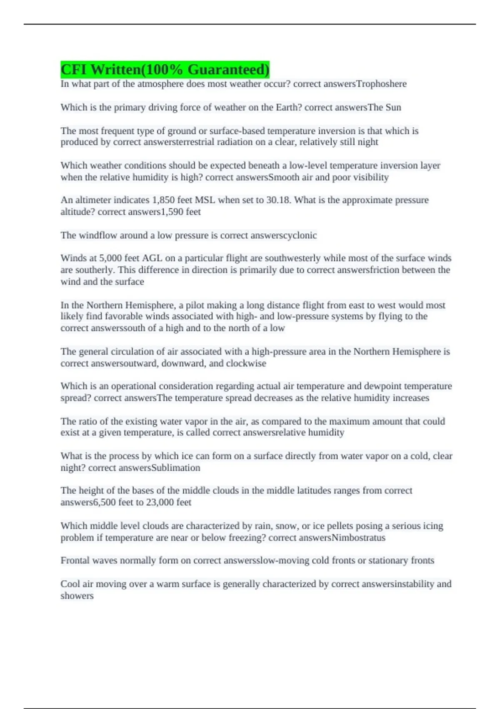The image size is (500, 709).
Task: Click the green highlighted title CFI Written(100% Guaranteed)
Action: click(165, 69)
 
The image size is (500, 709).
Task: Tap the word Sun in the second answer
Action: click(393, 107)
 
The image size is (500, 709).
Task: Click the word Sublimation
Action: click(175, 468)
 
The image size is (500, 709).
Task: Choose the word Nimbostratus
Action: click(358, 538)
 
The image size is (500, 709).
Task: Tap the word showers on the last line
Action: click(77, 596)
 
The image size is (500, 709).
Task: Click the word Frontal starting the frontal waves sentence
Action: click(75, 560)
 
